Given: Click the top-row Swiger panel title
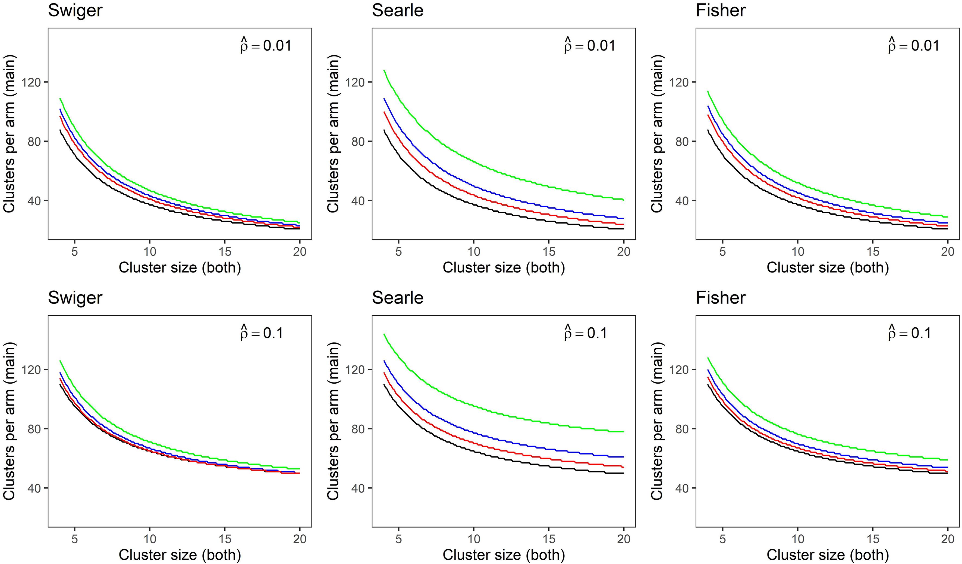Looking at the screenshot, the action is coord(75,10).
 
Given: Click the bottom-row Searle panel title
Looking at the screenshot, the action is coord(398,297).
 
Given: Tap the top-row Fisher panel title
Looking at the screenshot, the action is coord(721,10).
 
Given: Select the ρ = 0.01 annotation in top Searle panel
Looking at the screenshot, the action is coord(590,45).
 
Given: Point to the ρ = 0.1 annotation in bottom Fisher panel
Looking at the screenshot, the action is coord(909,333).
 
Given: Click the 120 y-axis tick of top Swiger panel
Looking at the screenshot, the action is coord(32,82).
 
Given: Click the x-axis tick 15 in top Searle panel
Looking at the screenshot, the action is coord(549,251).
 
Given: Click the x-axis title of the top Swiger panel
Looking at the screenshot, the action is coord(180,268).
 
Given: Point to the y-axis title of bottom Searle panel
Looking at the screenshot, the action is coord(333,421).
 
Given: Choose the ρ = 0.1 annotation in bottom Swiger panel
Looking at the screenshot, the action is coord(262,333).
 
